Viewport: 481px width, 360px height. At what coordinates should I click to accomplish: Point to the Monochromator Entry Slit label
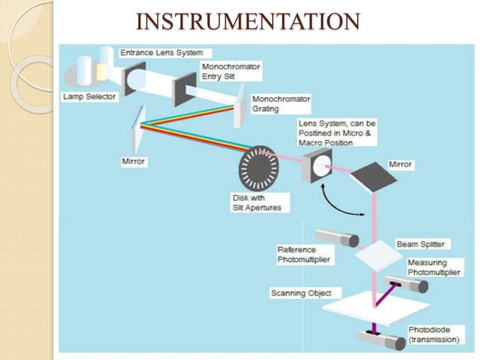coord(229,72)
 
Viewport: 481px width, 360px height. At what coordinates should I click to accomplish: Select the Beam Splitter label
coord(420,245)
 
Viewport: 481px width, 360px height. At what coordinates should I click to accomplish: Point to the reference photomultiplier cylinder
coord(337,237)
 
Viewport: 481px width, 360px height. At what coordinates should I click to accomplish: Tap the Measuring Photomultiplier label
coord(432,267)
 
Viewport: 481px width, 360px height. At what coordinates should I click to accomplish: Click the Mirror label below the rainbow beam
coord(133,161)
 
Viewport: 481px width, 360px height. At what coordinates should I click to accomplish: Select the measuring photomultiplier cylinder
coord(408,285)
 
